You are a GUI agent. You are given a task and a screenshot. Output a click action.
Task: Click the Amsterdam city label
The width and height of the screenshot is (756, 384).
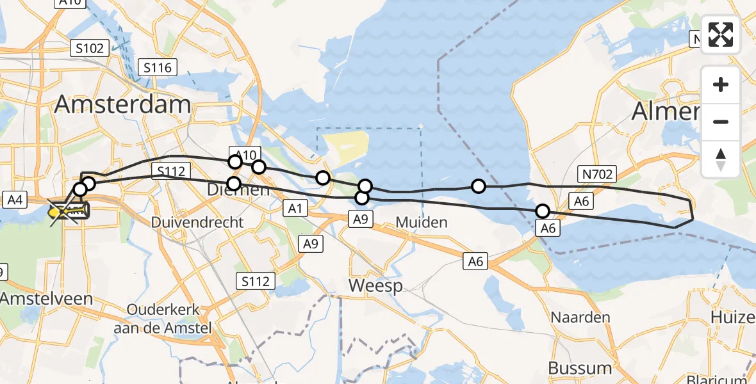point(122,104)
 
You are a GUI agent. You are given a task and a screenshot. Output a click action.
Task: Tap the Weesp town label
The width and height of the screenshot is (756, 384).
point(376,285)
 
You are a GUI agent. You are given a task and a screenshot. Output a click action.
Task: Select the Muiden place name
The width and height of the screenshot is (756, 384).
point(420,223)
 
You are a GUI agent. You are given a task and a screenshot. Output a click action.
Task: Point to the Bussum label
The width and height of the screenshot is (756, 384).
point(580,368)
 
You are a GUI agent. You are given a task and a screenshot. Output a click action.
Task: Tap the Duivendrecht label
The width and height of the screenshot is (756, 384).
point(197,223)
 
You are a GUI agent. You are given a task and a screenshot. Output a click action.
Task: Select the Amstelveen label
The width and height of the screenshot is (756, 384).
point(46,298)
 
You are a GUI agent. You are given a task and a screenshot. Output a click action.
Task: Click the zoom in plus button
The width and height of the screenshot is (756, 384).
point(721,84)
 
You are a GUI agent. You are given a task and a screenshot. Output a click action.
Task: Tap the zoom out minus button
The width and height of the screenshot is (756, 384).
point(721,122)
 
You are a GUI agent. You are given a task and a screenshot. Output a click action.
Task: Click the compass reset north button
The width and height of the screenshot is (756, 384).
point(721,159)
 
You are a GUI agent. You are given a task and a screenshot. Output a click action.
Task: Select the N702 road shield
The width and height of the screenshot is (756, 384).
point(598,173)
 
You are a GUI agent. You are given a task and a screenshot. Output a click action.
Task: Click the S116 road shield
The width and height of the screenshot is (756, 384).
point(157,67)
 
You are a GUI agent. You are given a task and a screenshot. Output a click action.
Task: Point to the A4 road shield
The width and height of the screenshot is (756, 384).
point(14,201)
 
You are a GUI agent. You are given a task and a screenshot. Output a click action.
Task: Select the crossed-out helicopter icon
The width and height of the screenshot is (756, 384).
point(66,210)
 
